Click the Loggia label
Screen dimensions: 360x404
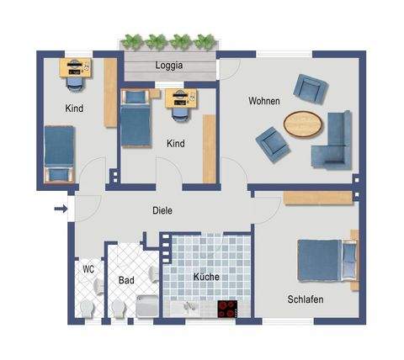pos(169,65)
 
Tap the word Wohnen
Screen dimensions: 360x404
pos(263,101)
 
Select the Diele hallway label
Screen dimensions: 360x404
pos(162,210)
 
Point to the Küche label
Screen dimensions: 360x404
pos(207,276)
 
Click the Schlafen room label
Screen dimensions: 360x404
pos(305,299)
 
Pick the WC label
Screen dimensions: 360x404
pos(88,270)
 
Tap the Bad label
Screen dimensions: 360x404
pos(126,280)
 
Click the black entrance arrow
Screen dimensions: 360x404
pos(60,209)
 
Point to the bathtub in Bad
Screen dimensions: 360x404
pos(146,309)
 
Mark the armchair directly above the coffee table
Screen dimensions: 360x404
pos(310,88)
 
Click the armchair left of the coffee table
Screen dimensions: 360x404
pos(273,142)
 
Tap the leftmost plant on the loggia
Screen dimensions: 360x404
pos(131,40)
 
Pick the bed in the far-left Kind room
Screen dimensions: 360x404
pos(60,154)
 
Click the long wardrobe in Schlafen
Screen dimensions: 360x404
pos(317,198)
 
